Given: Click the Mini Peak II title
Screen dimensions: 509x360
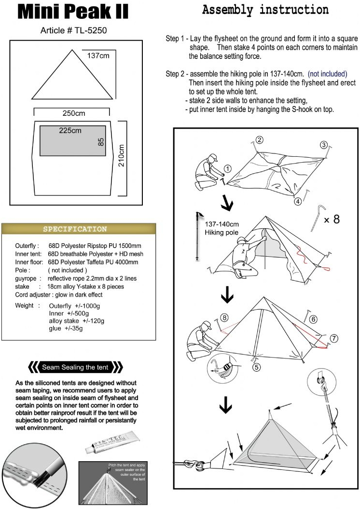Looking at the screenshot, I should point(73,12).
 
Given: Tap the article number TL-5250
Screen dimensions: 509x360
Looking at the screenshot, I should point(73,30).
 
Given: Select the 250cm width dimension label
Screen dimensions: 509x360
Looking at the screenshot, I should point(73,113).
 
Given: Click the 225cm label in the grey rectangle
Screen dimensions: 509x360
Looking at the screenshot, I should point(70,130).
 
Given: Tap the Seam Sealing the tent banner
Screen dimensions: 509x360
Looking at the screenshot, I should point(77,367).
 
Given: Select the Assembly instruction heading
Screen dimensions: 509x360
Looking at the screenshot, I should point(265,10).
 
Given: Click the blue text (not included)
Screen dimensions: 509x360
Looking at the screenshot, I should point(327,74).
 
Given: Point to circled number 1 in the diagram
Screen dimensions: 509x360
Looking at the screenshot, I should point(228,168).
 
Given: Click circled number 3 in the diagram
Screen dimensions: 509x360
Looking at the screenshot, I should point(324,144).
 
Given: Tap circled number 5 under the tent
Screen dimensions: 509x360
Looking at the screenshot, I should point(256,367).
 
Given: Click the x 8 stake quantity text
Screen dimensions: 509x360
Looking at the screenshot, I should point(332,220).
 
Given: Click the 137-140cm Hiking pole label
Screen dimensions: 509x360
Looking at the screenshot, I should point(222,229).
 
